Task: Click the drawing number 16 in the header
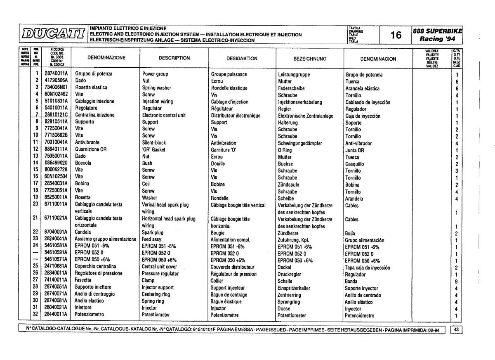[x=396, y=35]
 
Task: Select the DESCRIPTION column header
[x=174, y=58]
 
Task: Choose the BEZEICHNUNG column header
[x=310, y=59]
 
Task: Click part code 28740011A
[x=56, y=74]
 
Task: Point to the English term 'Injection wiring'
[x=158, y=102]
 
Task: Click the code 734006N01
[x=56, y=88]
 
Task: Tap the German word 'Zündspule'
[x=288, y=185]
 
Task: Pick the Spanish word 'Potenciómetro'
[x=360, y=316]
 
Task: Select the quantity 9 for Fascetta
[x=457, y=281]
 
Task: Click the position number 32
[x=35, y=315]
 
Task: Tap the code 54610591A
[x=56, y=253]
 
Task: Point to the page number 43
[x=457, y=329]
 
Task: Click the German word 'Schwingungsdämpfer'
[x=300, y=143]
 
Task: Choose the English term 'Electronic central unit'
[x=164, y=115]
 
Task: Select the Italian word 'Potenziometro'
[x=89, y=315]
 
